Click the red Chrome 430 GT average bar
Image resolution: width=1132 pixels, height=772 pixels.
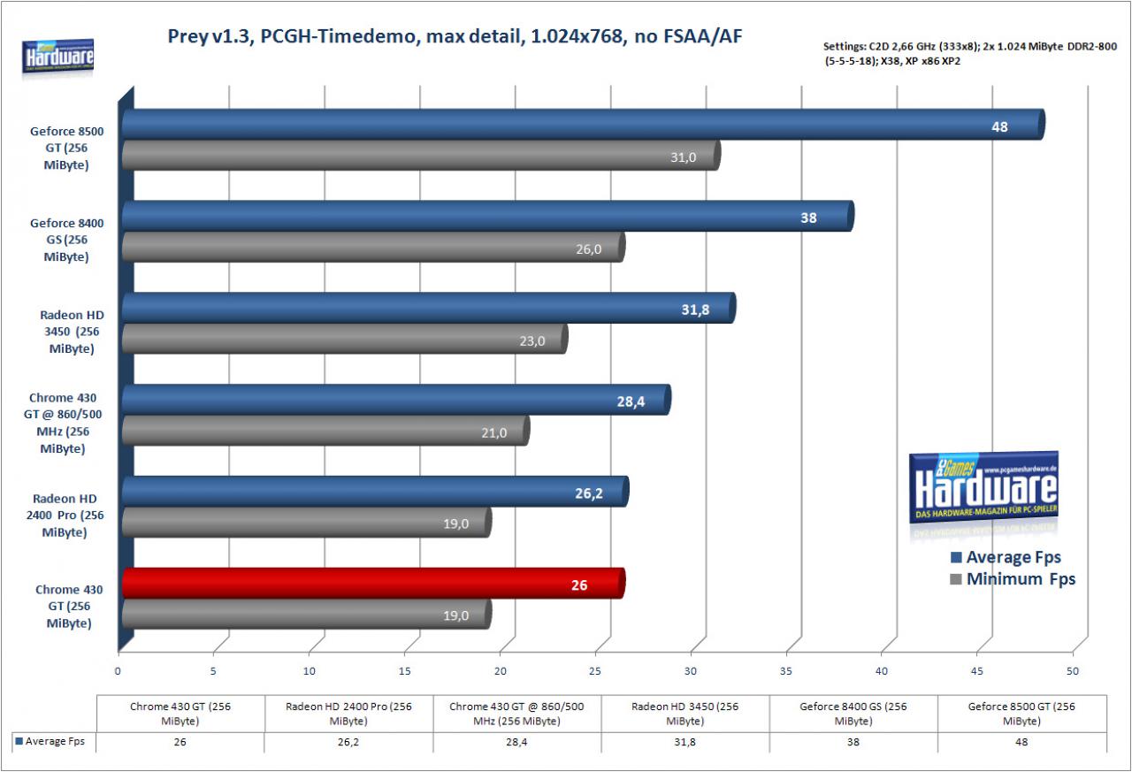coord(374,584)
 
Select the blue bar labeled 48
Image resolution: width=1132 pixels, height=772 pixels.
coord(584,125)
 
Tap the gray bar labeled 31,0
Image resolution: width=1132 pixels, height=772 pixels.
coord(422,156)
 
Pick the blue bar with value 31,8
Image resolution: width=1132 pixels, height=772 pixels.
coord(429,308)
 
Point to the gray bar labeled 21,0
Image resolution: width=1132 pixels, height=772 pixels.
coord(326,431)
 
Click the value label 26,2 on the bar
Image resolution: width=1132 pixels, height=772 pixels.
coord(589,493)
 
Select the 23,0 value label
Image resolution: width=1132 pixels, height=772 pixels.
coord(532,341)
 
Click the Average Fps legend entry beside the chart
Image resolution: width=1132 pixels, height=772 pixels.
coord(1006,557)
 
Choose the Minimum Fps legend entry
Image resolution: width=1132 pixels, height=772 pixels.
coord(1013,579)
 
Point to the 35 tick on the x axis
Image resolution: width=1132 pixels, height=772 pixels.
coord(786,671)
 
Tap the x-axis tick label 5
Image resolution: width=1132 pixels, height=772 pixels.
coord(213,671)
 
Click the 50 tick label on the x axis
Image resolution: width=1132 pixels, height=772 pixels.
coord(1073,671)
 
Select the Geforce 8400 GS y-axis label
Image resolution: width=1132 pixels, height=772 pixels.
coord(66,240)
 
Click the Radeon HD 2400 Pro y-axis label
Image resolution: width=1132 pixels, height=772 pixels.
coord(65,516)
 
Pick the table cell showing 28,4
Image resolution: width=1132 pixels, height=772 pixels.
coord(516,742)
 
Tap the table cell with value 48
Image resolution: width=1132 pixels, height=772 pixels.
coord(1021,742)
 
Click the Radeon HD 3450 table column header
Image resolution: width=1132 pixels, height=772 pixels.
coord(685,714)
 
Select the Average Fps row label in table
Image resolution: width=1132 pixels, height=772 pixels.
coord(50,741)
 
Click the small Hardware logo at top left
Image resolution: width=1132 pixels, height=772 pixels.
coord(58,57)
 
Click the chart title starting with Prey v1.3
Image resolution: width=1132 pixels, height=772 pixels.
coord(455,36)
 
